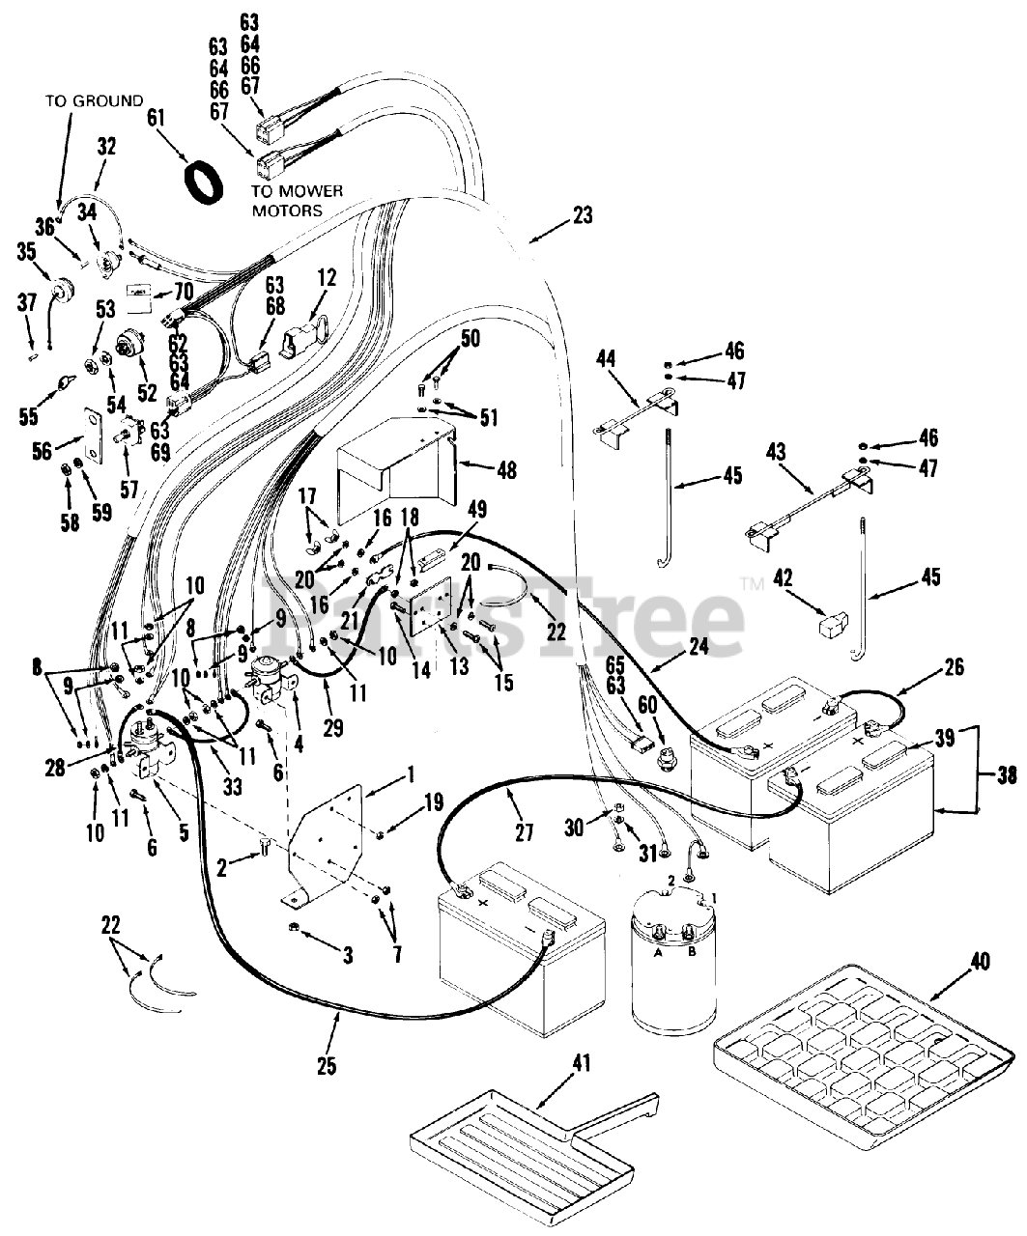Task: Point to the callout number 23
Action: pyautogui.click(x=582, y=215)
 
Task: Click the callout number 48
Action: pyautogui.click(x=506, y=470)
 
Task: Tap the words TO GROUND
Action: pyautogui.click(x=94, y=100)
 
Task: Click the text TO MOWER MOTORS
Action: pyautogui.click(x=297, y=200)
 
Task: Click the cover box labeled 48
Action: pyautogui.click(x=396, y=463)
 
